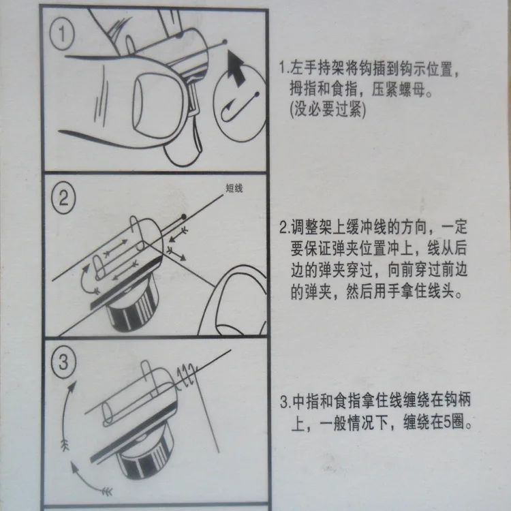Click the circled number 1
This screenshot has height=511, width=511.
(62, 34)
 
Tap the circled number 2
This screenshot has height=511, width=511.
(63, 198)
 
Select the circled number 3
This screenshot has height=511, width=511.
(63, 362)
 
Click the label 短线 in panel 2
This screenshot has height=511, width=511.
(234, 188)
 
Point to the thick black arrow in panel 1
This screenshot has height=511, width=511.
(236, 68)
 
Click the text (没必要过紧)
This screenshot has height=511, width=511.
(328, 109)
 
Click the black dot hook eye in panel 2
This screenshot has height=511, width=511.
(184, 217)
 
